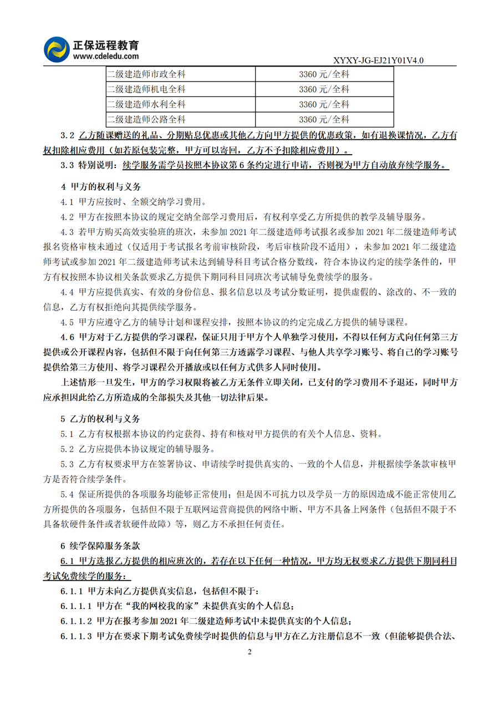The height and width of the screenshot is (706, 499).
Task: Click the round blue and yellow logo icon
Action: [57, 49]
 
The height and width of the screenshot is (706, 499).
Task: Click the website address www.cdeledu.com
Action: [105, 56]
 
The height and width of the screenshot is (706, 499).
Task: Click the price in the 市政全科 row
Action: [324, 74]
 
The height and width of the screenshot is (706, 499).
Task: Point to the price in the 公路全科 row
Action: [324, 119]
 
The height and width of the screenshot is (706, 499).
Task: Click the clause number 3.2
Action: [67, 135]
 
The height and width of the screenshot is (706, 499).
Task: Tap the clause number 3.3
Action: [67, 165]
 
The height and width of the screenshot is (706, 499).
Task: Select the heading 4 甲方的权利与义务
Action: [100, 186]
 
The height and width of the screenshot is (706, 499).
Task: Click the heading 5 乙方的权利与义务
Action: [100, 418]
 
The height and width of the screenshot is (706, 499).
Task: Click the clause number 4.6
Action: [67, 337]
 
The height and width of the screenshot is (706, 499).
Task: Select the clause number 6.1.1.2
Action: [76, 621]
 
